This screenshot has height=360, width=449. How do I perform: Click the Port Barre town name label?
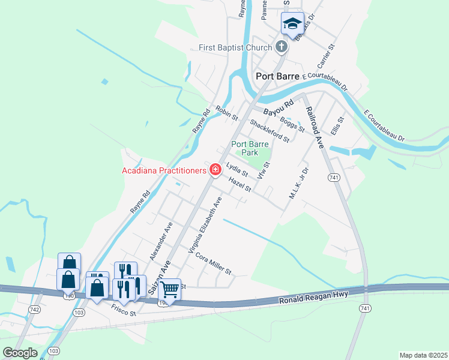pos(277,76)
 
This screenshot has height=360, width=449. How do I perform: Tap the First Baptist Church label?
pos(236,47)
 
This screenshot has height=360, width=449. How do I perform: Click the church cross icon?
pos(281,47)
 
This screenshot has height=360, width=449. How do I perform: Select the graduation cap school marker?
pos(292,25)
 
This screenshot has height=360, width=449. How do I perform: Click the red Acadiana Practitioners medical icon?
pos(215,170)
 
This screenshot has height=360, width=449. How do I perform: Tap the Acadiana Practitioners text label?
pos(163,171)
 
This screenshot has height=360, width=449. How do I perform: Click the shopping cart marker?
pos(169,290)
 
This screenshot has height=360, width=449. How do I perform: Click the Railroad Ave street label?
pos(315,127)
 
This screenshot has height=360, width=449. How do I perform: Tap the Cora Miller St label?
pos(213,263)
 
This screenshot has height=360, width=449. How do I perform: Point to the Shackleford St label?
pos(270,130)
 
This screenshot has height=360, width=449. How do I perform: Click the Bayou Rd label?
pos(280,109)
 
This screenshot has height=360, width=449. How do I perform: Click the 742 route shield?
pos(34,310)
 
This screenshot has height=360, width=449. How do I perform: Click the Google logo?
pos(20,352)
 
